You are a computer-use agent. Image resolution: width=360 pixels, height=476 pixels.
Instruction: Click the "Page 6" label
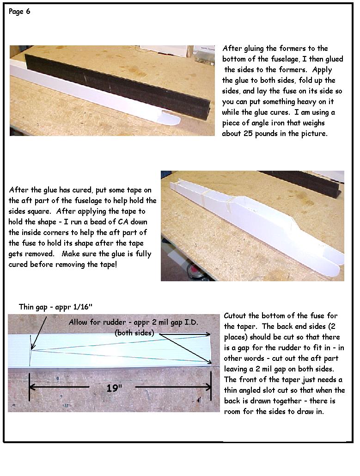(19, 12)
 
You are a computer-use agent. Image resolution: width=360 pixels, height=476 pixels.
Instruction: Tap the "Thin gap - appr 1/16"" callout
(55, 307)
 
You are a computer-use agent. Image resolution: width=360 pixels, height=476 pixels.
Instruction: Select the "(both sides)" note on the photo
(134, 333)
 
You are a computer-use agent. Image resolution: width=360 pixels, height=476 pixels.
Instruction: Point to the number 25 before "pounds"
(248, 134)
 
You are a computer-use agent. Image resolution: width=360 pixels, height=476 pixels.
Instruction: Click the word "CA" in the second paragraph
(123, 222)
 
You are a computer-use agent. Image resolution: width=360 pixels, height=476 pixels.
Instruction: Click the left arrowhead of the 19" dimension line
(32, 387)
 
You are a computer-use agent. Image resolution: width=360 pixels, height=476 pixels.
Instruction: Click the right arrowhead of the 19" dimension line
(208, 387)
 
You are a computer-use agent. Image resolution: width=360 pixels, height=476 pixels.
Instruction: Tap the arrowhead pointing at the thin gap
(32, 346)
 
